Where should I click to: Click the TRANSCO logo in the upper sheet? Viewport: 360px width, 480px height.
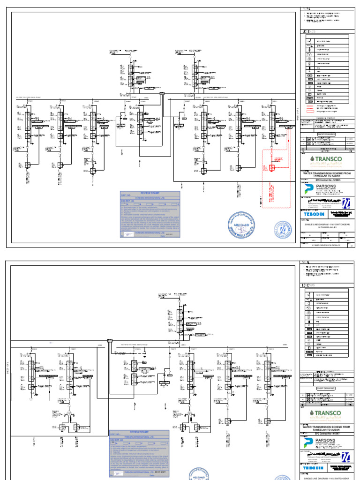click(x=327, y=159)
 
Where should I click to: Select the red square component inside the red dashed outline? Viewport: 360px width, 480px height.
click(x=271, y=167)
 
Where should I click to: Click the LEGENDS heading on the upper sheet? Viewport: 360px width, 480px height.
click(x=309, y=31)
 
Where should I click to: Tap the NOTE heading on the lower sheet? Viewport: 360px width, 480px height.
click(x=305, y=262)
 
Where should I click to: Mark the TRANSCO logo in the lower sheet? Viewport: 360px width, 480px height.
click(x=327, y=413)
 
